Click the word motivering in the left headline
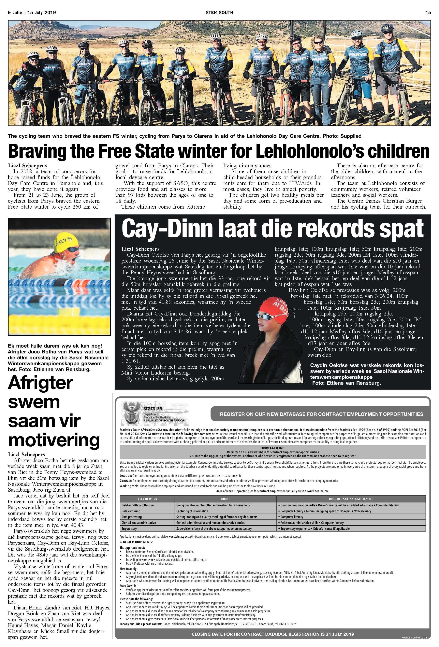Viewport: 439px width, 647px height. (x=54, y=440)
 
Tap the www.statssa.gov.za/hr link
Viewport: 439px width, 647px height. (x=180, y=536)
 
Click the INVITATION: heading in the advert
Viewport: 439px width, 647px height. (x=273, y=448)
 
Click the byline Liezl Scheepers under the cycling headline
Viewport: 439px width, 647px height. (x=27, y=166)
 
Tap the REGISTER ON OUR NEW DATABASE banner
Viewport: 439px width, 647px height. (x=321, y=414)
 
